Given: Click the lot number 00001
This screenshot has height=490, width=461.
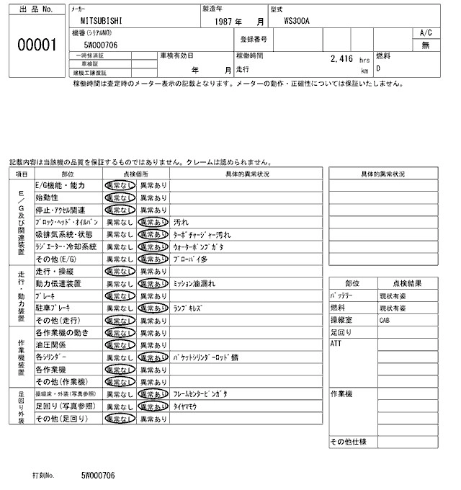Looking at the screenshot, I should pyautogui.click(x=36, y=45).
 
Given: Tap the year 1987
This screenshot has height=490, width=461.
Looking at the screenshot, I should pyautogui.click(x=227, y=22).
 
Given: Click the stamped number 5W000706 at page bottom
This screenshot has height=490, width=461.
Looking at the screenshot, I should pyautogui.click(x=97, y=476).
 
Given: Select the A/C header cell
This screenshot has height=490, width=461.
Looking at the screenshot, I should pyautogui.click(x=425, y=33).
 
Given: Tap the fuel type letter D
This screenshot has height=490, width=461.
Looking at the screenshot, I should pyautogui.click(x=377, y=70).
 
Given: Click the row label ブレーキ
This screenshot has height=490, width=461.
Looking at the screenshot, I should pyautogui.click(x=46, y=295).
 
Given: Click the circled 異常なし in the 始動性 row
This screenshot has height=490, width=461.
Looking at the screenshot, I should pyautogui.click(x=119, y=197).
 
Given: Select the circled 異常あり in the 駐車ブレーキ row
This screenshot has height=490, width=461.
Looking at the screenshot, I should pyautogui.click(x=153, y=308).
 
